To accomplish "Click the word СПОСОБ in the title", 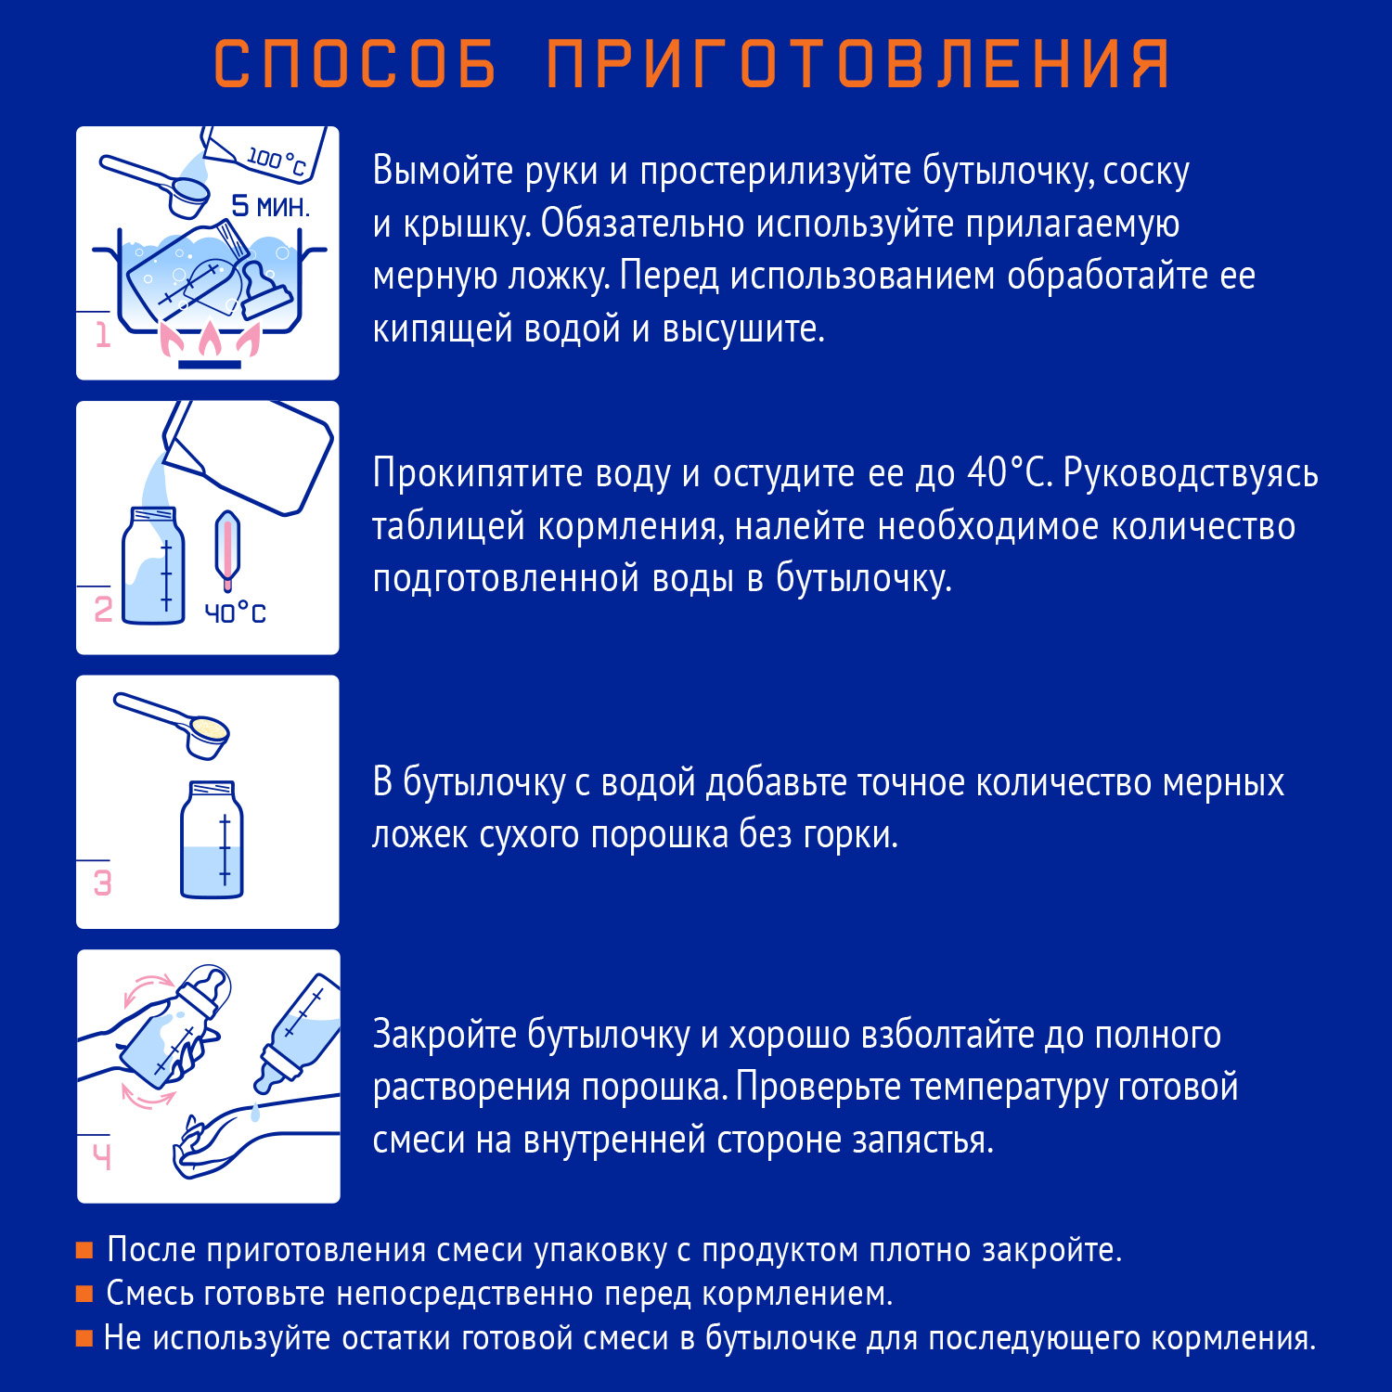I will tap(355, 65).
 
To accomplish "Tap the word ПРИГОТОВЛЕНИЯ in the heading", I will tap(858, 65).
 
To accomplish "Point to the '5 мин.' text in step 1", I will tap(270, 206).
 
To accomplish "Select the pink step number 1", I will tap(103, 335).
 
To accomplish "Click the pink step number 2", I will tap(103, 609).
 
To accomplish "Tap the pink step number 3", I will tap(103, 883).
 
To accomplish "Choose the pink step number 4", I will tap(102, 1156).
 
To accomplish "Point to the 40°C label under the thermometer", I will tap(235, 613).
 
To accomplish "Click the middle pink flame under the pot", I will tap(210, 341).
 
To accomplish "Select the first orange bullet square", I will tap(84, 1250).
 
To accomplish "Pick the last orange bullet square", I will tap(84, 1338).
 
